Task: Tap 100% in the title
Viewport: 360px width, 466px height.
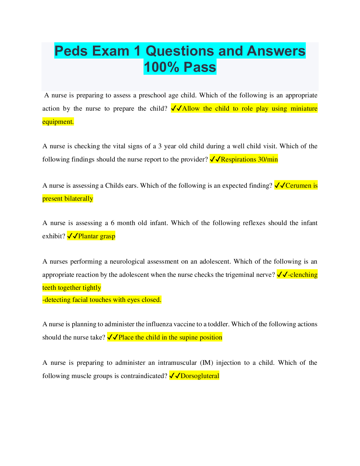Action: (x=161, y=67)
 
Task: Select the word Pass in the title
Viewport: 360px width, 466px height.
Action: (x=200, y=67)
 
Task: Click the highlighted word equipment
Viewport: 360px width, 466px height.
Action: (x=58, y=122)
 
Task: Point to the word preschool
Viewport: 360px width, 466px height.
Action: (x=152, y=95)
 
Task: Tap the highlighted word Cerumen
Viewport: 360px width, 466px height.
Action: (x=298, y=186)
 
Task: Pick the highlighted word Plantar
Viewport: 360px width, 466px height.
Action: (x=88, y=236)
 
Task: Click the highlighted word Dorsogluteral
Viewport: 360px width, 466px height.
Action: (x=200, y=376)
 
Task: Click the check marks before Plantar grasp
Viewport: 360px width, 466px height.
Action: (x=72, y=236)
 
